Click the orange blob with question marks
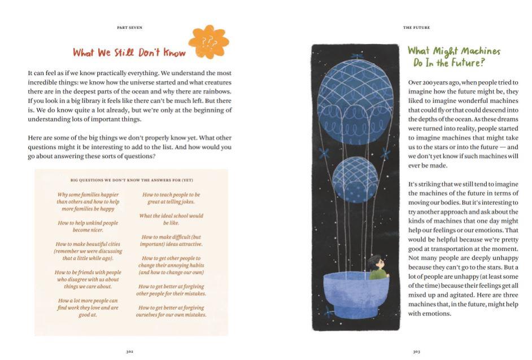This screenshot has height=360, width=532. coord(208,42)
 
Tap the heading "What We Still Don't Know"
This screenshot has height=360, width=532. coord(129,53)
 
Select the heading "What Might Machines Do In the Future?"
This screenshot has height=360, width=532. coord(453,56)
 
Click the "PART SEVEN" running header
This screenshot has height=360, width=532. coord(129,27)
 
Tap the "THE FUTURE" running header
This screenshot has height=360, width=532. coord(416,27)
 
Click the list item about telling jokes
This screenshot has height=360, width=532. coord(171,198)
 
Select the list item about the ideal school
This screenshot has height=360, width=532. coord(171,219)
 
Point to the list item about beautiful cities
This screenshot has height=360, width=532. coord(88,251)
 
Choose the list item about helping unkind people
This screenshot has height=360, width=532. coord(88,226)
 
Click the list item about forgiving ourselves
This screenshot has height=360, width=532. coord(171,311)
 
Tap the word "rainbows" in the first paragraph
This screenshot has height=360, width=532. coord(215,91)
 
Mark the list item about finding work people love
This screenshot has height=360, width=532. coord(88,308)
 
